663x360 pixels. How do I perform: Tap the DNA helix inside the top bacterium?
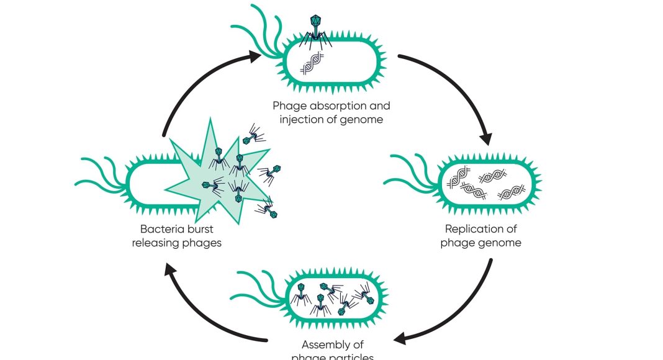313,63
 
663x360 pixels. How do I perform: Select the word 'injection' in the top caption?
300,119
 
